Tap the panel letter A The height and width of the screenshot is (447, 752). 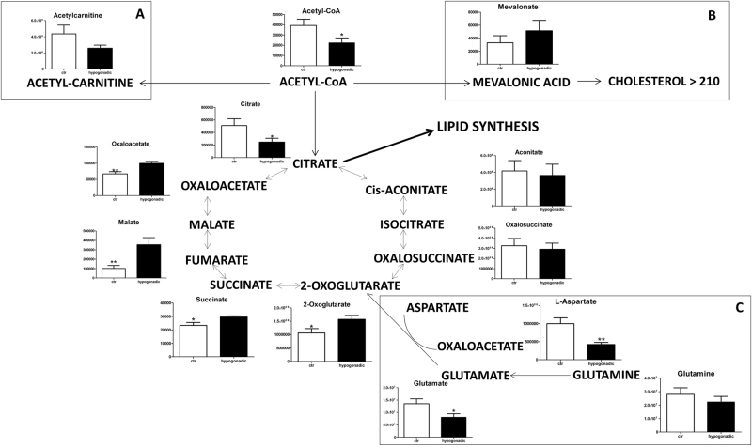(139, 14)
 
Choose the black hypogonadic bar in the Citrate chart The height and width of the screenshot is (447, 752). (273, 149)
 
